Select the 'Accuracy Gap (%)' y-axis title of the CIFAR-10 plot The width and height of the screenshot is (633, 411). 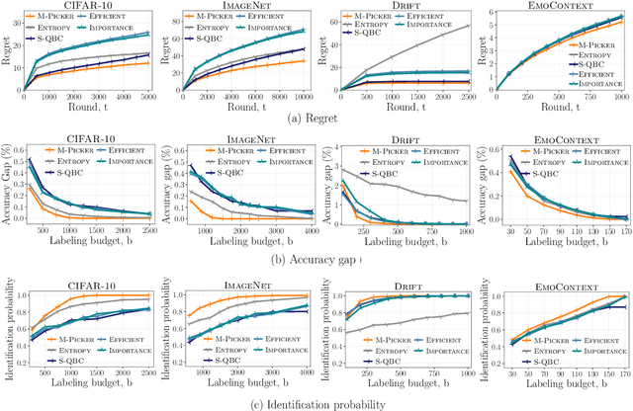7,188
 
